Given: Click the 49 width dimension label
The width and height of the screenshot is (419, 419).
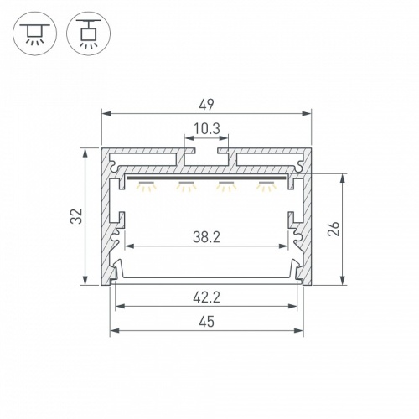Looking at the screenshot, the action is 207,105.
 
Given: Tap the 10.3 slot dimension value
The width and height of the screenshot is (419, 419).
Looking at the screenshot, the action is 207,129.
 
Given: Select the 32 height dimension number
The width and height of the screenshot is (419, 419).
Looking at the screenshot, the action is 76,216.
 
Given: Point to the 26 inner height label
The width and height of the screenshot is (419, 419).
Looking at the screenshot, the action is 334,229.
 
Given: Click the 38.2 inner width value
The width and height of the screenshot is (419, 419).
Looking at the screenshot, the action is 206,237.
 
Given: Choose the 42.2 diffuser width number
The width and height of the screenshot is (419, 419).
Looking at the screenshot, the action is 206,297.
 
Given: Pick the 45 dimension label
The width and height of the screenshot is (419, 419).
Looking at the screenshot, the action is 207,322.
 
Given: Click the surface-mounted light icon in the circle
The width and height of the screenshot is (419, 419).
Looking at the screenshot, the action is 35,34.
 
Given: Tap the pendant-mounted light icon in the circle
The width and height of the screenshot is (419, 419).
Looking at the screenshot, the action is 89,34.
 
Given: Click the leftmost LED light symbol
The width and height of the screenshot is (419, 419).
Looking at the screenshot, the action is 147,186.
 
